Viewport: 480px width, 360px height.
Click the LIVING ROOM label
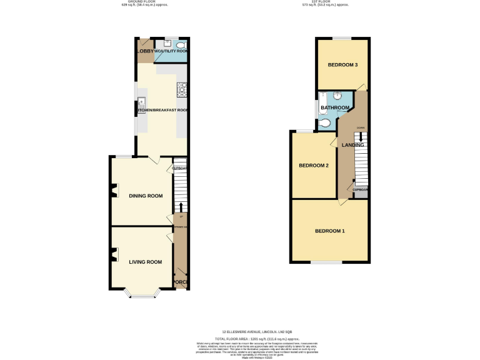[x=146, y=262]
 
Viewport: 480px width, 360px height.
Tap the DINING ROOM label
[x=146, y=196]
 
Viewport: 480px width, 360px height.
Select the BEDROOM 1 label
[x=329, y=231]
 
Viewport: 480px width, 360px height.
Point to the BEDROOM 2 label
[x=314, y=166]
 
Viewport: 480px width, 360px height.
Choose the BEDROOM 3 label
[x=342, y=65]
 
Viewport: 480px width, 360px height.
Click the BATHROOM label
[x=335, y=108]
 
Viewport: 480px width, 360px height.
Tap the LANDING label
[x=353, y=145]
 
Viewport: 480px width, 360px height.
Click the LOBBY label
[x=146, y=51]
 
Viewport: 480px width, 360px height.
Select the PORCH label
[x=181, y=282]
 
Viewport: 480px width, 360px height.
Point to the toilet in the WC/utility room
[x=181, y=45]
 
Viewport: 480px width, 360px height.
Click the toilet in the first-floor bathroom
[x=323, y=123]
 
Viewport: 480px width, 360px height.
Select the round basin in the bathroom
[x=336, y=97]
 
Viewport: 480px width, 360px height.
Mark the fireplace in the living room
[x=114, y=253]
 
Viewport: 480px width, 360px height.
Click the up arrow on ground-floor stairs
[x=181, y=207]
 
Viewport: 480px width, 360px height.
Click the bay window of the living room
[x=141, y=294]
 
